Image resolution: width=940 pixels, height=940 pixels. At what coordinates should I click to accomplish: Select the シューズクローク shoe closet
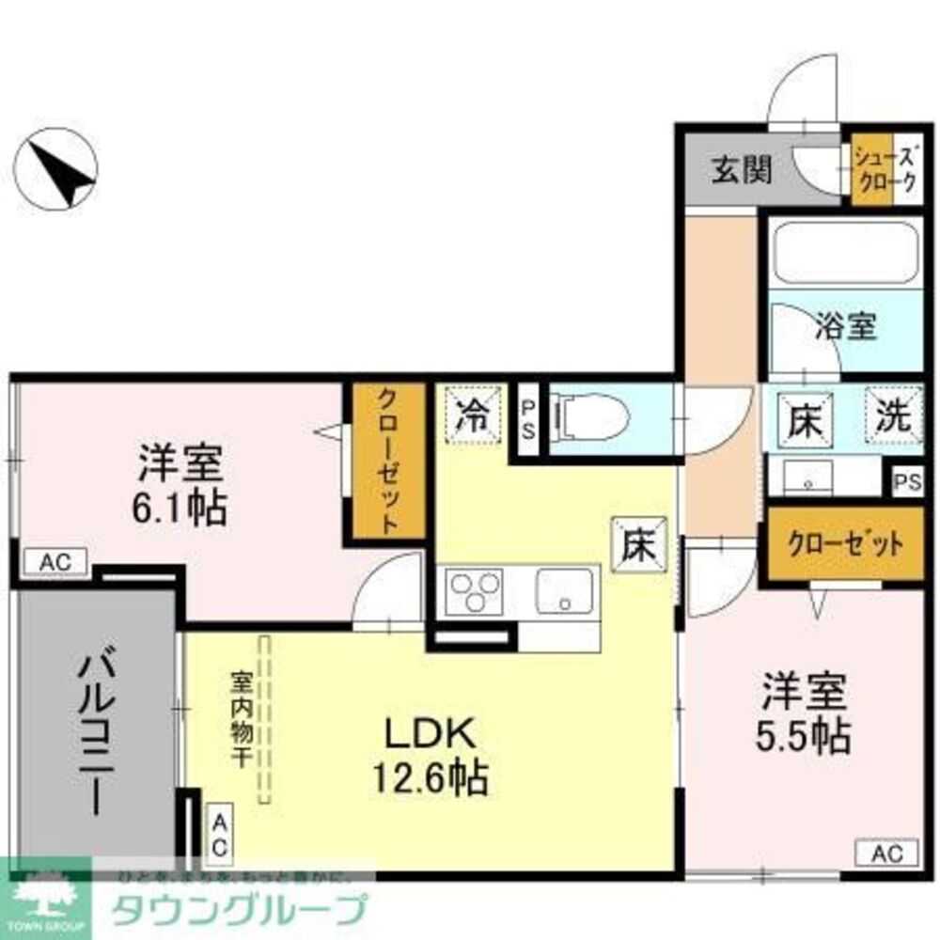885,170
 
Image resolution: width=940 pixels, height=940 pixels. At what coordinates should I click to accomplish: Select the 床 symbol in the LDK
640,545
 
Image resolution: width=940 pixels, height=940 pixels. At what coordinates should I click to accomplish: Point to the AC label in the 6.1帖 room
53,562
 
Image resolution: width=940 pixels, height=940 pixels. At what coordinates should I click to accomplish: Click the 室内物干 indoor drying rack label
239,719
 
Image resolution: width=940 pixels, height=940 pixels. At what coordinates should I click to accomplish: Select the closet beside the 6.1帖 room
386,461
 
